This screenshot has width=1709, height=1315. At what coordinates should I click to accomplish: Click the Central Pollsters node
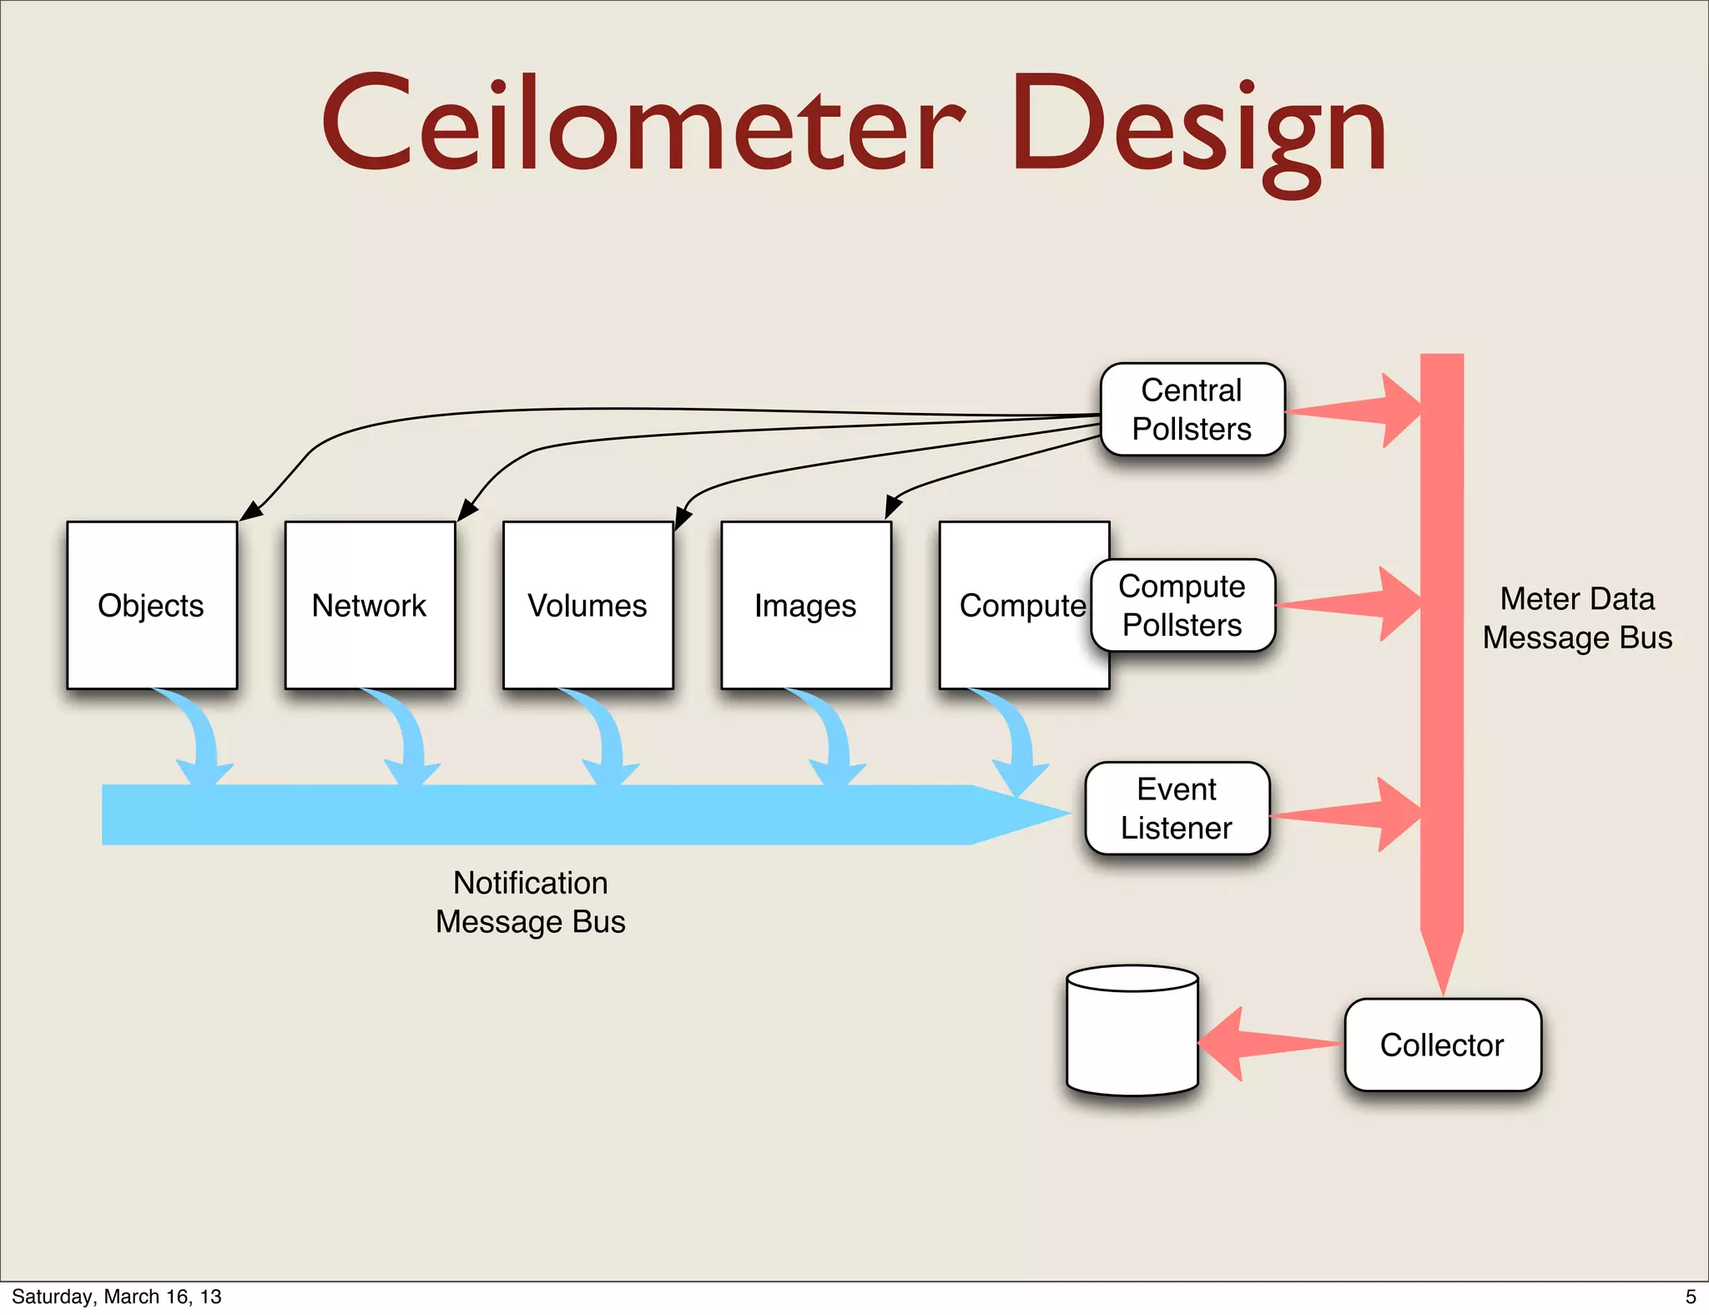pos(1192,409)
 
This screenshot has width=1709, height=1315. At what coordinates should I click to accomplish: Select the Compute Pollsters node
pos(1182,605)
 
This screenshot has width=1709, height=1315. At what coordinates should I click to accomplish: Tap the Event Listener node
pos(1177,808)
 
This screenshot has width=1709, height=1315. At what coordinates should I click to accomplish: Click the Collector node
pos(1442,1045)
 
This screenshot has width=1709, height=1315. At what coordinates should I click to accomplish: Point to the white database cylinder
pos(1132,1035)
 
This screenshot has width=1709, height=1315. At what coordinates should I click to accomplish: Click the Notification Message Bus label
pos(530,902)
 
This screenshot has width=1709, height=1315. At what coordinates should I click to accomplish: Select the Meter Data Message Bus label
pos(1577,618)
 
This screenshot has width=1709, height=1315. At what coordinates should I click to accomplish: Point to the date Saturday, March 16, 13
pos(117,1297)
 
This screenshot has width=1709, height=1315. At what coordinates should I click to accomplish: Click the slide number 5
pos(1691,1297)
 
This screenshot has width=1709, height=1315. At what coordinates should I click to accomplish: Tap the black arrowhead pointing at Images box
pos(892,506)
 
